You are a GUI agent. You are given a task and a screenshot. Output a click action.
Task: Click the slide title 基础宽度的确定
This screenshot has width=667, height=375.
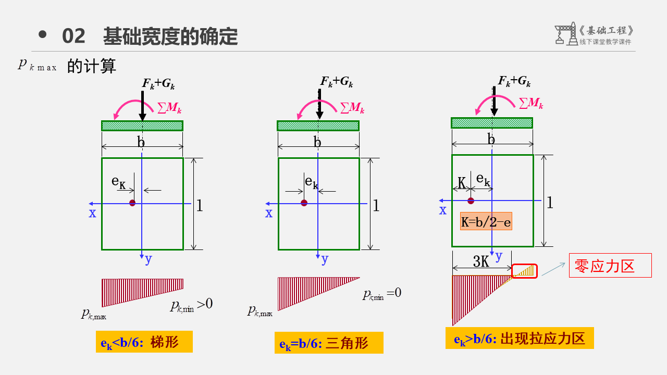(170, 36)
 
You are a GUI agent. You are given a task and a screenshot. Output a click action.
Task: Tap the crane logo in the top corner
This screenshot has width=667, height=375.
(565, 34)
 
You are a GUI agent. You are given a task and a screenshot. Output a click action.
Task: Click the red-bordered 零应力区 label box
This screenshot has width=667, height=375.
(610, 266)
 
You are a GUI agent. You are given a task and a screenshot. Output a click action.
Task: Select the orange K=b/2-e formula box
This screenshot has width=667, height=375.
(486, 222)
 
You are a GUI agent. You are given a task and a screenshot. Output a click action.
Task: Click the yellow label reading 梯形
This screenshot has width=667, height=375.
(144, 342)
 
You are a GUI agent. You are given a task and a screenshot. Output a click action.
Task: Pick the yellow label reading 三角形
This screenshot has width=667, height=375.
(329, 343)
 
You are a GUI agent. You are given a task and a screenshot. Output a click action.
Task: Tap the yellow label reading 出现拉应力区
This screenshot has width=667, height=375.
(520, 339)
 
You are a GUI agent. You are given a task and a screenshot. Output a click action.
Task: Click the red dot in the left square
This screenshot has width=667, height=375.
(132, 203)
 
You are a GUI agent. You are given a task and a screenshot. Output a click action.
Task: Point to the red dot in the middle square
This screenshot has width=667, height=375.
(304, 203)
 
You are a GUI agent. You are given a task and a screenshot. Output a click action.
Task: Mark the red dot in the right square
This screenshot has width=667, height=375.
(471, 201)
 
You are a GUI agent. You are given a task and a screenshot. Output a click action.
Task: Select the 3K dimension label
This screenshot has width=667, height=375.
(480, 262)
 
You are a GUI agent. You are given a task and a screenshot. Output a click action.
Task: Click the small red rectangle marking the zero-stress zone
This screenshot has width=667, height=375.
(524, 271)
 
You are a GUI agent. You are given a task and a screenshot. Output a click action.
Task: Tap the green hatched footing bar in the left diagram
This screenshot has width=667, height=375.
(142, 126)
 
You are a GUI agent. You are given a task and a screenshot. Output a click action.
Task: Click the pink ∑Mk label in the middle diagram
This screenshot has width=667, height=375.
(352, 108)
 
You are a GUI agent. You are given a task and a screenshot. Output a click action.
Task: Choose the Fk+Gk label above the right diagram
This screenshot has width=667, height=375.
(514, 81)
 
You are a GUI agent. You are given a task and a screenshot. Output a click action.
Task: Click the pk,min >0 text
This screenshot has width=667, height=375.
(191, 305)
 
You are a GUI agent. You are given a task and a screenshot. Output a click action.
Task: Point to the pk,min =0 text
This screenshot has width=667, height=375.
(382, 293)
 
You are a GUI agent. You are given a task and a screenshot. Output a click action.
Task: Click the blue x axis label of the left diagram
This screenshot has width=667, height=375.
(92, 213)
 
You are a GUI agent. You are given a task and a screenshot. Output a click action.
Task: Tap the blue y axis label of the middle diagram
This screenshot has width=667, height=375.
(325, 259)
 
